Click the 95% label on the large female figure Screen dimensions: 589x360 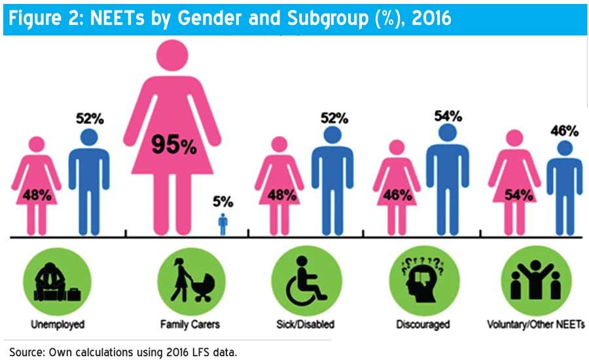click(x=174, y=145)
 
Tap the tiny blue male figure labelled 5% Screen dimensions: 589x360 click(x=223, y=225)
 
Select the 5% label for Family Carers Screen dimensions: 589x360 click(x=223, y=202)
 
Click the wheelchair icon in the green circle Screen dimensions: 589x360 click(x=306, y=281)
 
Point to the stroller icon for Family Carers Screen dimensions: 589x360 click(x=192, y=280)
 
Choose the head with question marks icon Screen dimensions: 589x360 click(x=423, y=279)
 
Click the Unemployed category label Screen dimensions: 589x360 click(x=58, y=324)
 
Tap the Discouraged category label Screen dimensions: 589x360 click(x=423, y=324)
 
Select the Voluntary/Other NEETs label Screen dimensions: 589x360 click(x=536, y=324)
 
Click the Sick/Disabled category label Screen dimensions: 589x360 click(x=305, y=324)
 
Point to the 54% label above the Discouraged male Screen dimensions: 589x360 click(x=448, y=116)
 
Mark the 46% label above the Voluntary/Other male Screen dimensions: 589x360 click(x=565, y=131)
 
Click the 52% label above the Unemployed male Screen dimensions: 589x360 click(x=90, y=118)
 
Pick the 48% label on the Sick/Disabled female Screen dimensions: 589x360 click(x=281, y=195)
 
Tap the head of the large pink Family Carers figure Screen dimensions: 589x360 click(x=172, y=55)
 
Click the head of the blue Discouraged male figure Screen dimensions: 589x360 click(x=448, y=133)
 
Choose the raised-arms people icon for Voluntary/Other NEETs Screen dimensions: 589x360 click(x=536, y=280)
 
